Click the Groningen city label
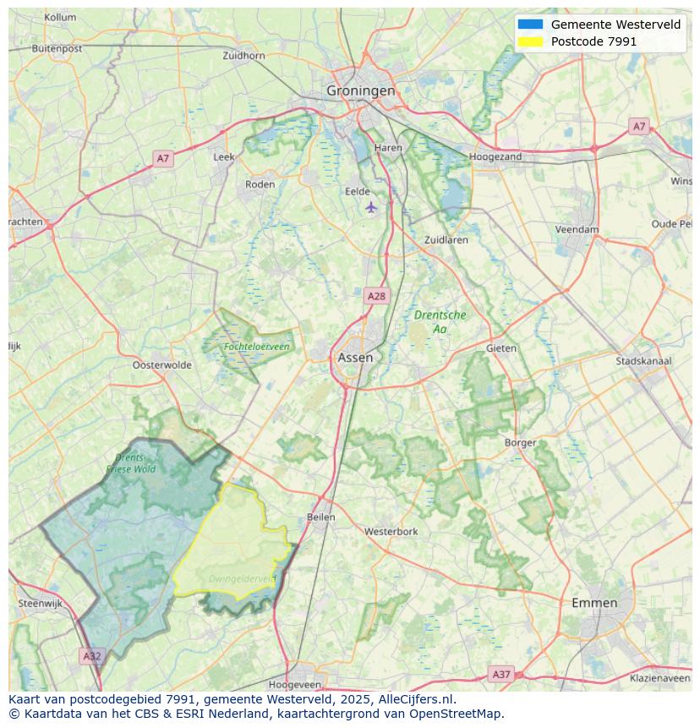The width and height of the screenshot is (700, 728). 361,90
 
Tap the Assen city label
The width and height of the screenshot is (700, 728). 355,358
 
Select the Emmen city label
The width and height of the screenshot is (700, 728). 594,603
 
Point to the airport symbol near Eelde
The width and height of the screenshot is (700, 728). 370,206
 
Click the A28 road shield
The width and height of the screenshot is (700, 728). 376,296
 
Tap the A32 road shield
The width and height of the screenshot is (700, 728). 92,655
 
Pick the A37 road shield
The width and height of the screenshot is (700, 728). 501,674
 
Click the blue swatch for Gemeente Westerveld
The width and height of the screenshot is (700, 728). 530,25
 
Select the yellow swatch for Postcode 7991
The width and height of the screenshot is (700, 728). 530,41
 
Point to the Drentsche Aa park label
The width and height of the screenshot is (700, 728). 440,321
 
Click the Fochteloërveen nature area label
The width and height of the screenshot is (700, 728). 256,347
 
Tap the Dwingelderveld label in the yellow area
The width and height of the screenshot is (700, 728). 242,578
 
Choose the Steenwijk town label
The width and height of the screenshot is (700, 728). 41,604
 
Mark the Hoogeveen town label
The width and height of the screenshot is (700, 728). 294,684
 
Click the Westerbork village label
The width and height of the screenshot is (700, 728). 391,532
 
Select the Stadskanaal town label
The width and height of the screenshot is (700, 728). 643,361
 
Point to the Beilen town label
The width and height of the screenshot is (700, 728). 321,517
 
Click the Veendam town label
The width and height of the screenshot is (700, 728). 577,229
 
